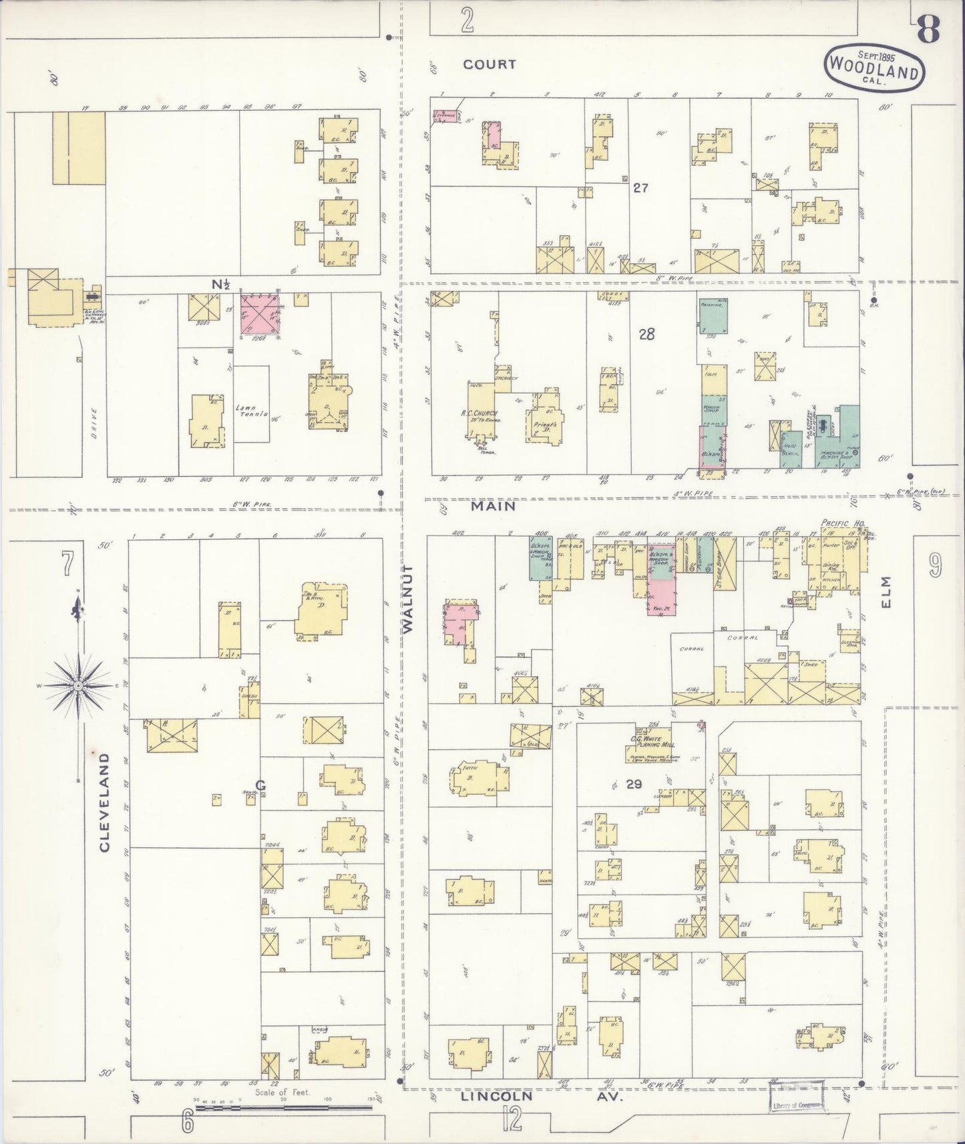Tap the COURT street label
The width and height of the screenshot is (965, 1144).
490,64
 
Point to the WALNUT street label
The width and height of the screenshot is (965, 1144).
409,598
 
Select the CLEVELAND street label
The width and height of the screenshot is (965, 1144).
105,802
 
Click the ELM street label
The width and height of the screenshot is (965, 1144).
886,593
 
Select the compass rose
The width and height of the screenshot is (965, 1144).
79,685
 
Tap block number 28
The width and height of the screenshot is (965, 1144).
646,334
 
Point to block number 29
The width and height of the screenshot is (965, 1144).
633,784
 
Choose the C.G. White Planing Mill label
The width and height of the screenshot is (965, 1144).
652,744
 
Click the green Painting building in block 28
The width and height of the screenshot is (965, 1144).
713,316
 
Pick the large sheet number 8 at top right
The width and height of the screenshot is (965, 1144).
928,28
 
